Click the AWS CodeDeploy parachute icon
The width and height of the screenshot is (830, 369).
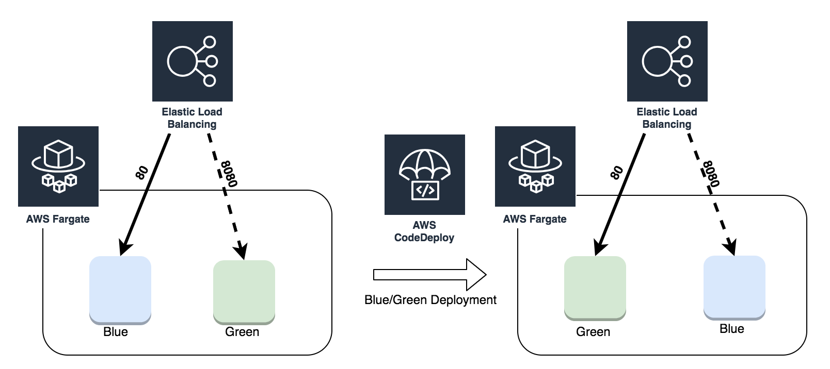[424, 174]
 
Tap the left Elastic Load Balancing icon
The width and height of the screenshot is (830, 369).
[192, 61]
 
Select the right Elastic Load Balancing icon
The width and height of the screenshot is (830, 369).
[667, 61]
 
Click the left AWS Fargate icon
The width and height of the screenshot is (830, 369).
[58, 166]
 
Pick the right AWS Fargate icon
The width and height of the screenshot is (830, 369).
[535, 166]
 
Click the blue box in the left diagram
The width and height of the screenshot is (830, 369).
[120, 290]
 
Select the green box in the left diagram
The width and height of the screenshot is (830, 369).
[244, 292]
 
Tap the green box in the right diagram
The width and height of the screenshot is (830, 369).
[595, 288]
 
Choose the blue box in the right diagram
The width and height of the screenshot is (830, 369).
[734, 287]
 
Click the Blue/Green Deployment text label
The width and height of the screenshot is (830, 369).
[430, 300]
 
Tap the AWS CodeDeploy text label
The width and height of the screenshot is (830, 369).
[424, 231]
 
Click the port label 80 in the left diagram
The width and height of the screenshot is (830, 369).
[142, 173]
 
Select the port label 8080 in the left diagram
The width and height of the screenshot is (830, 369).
[229, 174]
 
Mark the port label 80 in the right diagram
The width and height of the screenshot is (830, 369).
[617, 173]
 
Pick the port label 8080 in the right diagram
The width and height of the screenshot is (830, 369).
[711, 174]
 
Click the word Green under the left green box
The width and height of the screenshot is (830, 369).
[242, 332]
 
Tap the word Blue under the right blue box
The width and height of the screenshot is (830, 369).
[732, 329]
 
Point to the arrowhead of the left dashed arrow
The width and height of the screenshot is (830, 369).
[241, 251]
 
